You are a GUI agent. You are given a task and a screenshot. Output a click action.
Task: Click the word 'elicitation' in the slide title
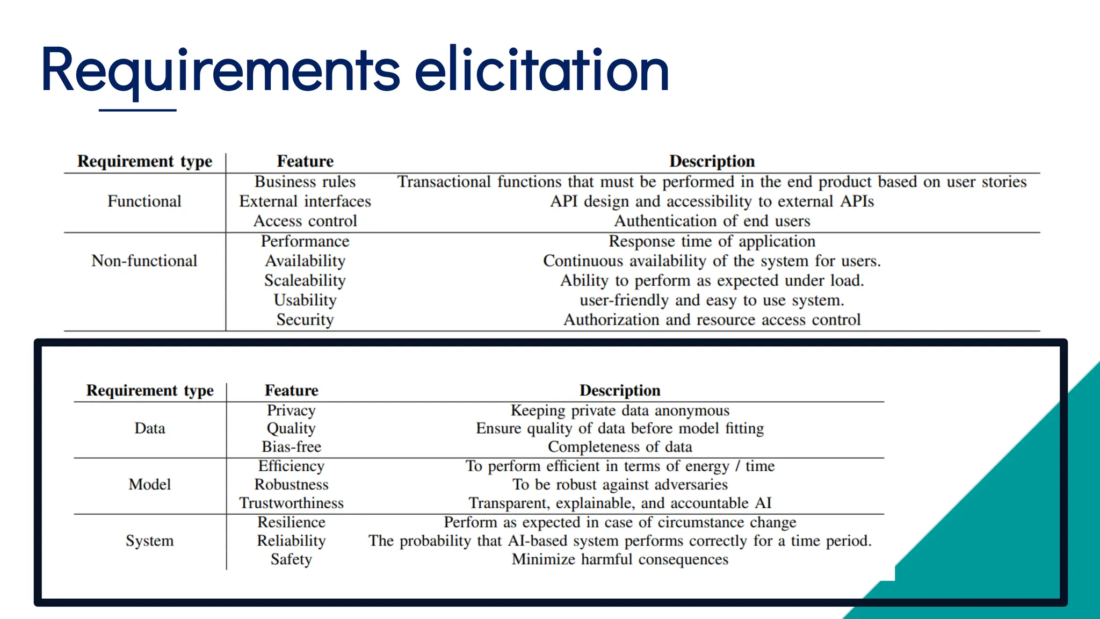(541, 70)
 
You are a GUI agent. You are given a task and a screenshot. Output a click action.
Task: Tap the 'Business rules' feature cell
(305, 182)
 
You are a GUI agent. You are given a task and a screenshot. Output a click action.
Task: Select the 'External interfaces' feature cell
(305, 201)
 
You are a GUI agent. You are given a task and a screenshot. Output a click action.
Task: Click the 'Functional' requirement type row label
(144, 201)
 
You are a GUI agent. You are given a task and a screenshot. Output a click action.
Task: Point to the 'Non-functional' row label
(144, 261)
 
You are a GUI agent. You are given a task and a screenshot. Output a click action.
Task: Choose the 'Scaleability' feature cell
(305, 280)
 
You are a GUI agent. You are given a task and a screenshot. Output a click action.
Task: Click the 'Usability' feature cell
(305, 300)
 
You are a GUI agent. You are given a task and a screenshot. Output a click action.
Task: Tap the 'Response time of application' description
(712, 241)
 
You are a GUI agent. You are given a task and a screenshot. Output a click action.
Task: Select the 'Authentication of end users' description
(712, 221)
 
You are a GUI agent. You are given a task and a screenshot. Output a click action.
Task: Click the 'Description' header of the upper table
(712, 161)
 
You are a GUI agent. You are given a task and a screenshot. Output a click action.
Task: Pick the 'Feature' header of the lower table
(291, 390)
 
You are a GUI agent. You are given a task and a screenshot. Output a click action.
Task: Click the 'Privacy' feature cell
(291, 411)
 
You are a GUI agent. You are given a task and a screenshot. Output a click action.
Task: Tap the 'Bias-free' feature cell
(291, 447)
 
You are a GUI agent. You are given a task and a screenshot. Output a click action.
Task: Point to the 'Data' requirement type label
(150, 429)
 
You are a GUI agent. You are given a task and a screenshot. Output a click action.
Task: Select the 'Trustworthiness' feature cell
(291, 503)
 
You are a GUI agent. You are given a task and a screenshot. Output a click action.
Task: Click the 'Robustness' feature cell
(291, 485)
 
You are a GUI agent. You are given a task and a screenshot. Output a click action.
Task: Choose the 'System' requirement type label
(150, 541)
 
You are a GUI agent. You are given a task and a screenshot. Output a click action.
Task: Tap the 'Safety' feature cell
(291, 559)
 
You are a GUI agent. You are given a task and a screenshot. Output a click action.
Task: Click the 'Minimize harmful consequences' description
(620, 559)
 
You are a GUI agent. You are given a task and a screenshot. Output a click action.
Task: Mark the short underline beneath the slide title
(137, 110)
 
